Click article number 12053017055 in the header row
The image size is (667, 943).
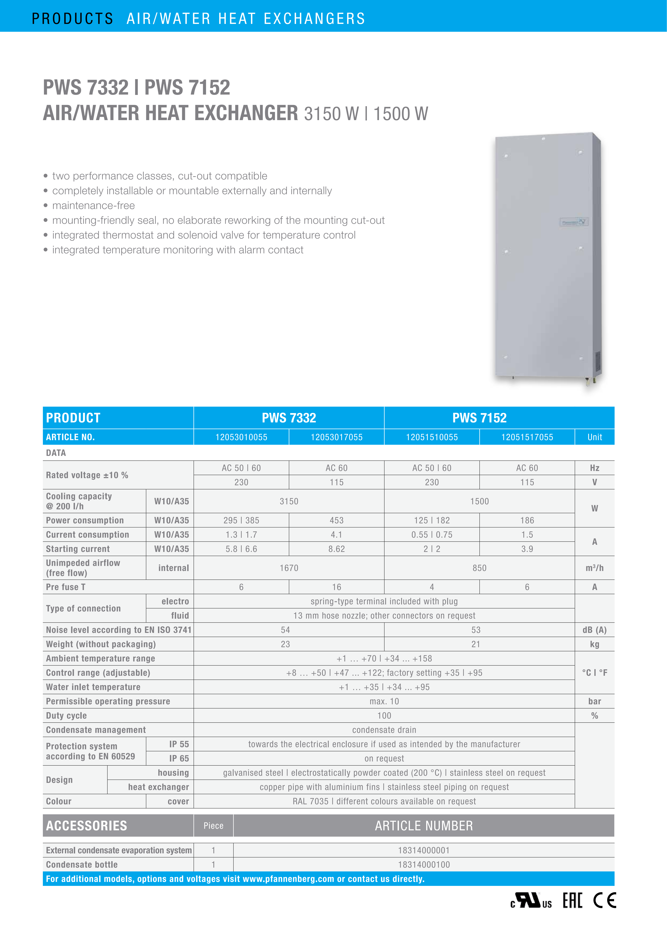[x=336, y=437]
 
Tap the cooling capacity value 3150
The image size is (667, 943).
[x=289, y=501]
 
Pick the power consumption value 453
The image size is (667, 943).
[x=336, y=520]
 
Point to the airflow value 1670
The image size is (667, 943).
[x=289, y=568]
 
